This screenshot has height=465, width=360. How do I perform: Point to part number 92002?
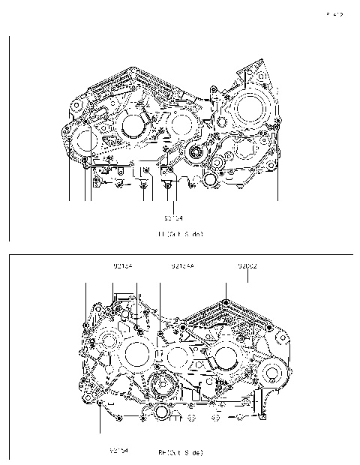click(x=247, y=266)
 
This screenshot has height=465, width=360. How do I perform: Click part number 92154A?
click(x=182, y=266)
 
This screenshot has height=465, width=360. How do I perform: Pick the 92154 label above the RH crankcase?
click(x=123, y=266)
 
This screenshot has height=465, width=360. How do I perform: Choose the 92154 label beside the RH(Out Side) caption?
click(x=119, y=451)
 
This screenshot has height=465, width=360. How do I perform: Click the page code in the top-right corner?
click(x=334, y=14)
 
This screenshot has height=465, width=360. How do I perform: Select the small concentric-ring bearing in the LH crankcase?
click(x=197, y=154)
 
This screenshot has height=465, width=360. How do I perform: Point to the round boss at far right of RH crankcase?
click(x=272, y=373)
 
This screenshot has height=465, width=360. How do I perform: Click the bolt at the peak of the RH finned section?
click(x=224, y=302)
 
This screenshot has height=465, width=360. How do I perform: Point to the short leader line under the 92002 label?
click(x=247, y=277)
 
